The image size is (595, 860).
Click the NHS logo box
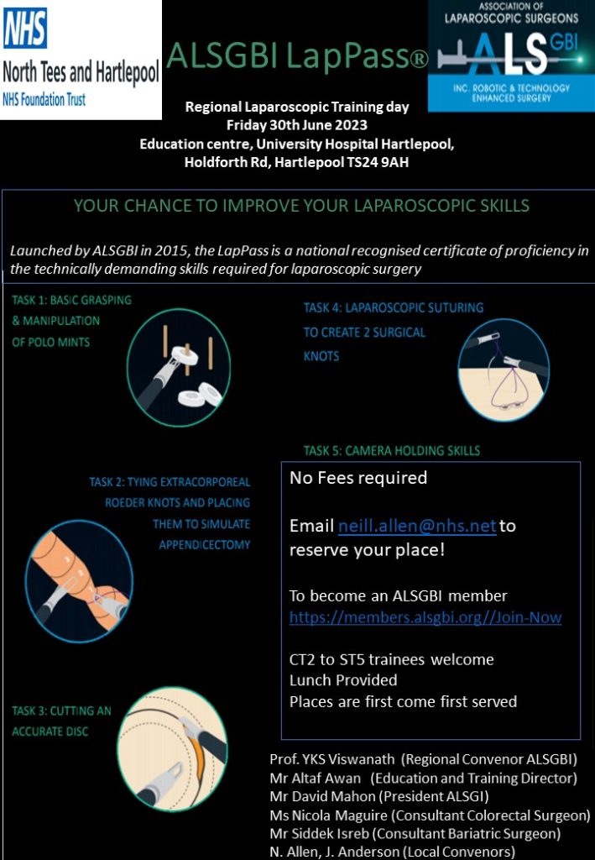pyautogui.click(x=81, y=60)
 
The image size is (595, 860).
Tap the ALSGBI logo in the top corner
pyautogui.click(x=510, y=55)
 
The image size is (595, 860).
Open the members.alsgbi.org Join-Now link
pyautogui.click(x=425, y=617)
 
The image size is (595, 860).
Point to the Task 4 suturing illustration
pyautogui.click(x=504, y=370)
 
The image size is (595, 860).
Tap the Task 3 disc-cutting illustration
pyautogui.click(x=173, y=748)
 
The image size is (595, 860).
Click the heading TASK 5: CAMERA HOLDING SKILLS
pyautogui.click(x=392, y=451)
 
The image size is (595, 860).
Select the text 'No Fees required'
pyautogui.click(x=358, y=478)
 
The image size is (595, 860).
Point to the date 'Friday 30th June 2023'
pyautogui.click(x=297, y=125)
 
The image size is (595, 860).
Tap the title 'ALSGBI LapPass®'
pyautogui.click(x=297, y=56)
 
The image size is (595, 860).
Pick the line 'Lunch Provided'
pyautogui.click(x=343, y=679)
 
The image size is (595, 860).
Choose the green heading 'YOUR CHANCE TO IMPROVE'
pyautogui.click(x=301, y=206)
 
